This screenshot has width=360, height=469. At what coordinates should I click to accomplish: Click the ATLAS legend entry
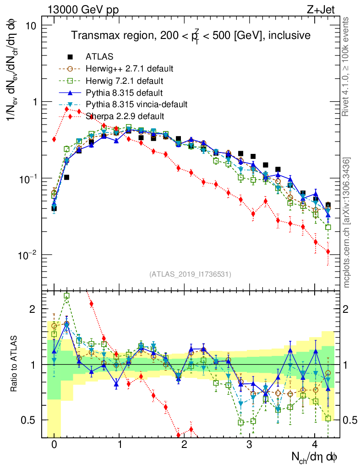point(99,57)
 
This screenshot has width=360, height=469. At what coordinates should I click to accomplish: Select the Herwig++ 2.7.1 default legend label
point(129,69)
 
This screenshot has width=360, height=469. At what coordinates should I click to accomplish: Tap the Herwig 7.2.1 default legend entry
point(125,81)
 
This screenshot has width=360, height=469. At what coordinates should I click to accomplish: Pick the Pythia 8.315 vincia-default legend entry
point(136,104)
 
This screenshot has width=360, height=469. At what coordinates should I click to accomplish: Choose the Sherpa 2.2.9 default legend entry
point(125,116)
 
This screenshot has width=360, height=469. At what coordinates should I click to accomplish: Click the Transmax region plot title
point(190,36)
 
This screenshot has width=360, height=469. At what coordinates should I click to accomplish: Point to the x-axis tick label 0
point(54,445)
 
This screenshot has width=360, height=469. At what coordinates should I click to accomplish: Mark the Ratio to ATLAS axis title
point(15,365)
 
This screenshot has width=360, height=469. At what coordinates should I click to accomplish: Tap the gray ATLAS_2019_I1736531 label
point(190,274)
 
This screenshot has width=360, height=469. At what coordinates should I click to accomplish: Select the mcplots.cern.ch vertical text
point(347,223)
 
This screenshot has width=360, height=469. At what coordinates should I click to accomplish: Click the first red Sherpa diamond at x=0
point(54,139)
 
